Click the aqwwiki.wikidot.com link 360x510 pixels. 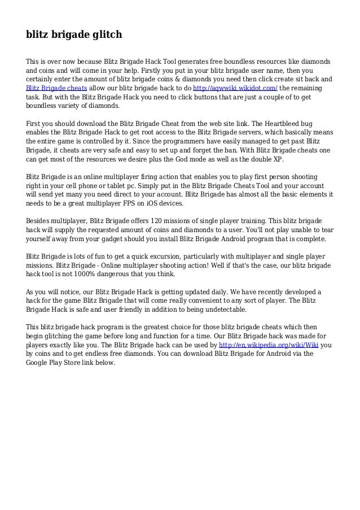click(235, 88)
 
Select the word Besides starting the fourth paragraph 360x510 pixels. click(40, 221)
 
